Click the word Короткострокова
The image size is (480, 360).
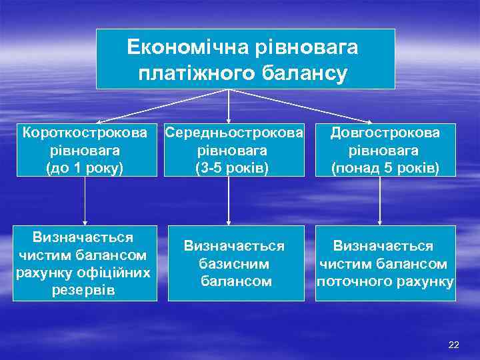click(85, 133)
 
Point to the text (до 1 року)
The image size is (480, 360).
click(85, 167)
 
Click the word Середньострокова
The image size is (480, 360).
click(231, 133)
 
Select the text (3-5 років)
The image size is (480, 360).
click(231, 167)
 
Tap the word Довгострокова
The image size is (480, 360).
click(385, 133)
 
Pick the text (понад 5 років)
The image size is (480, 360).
click(385, 167)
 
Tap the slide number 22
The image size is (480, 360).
click(454, 344)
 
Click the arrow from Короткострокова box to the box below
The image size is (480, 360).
click(85, 200)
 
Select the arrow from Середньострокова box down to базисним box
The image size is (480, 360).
click(229, 200)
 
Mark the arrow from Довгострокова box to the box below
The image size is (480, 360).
click(380, 200)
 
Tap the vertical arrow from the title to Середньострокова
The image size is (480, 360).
click(229, 105)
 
